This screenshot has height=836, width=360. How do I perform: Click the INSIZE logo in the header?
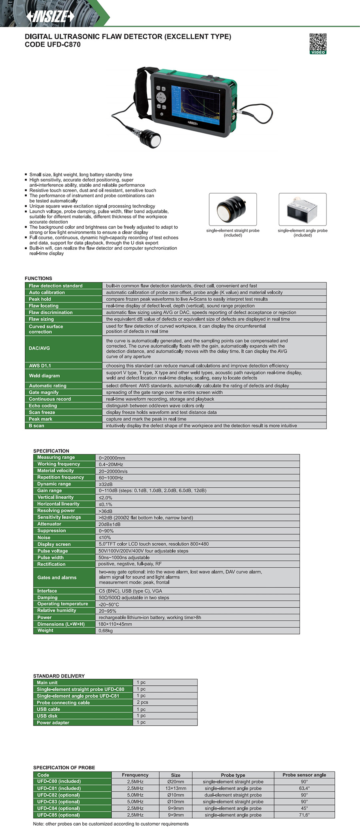coord(50,16)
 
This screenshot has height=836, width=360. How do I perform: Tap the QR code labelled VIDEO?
coord(318,43)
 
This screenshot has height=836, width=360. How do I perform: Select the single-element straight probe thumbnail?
coord(233,210)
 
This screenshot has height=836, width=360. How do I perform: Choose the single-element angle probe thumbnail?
coord(302,210)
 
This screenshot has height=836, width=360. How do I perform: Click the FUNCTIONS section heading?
coord(38,278)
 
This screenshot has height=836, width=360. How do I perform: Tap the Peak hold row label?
coord(40,299)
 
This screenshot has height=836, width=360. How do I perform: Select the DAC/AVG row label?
coord(39,348)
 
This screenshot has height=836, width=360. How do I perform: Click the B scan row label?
coord(36,426)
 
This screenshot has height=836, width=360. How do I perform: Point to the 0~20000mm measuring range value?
coord(112,458)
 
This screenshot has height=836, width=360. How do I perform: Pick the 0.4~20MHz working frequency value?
coord(111,465)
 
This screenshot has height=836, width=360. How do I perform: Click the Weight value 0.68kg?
coord(106,631)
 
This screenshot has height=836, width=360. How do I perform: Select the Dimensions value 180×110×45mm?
coord(115,624)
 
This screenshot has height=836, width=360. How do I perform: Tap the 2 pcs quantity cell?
coord(142,702)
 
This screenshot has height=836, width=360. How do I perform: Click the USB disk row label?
coord(47,716)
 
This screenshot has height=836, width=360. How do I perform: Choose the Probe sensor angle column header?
coord(304,775)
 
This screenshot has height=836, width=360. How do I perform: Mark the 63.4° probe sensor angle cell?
coord(304,788)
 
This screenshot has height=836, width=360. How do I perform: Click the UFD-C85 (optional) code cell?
coord(58,815)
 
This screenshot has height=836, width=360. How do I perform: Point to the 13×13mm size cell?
coord(176,788)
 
